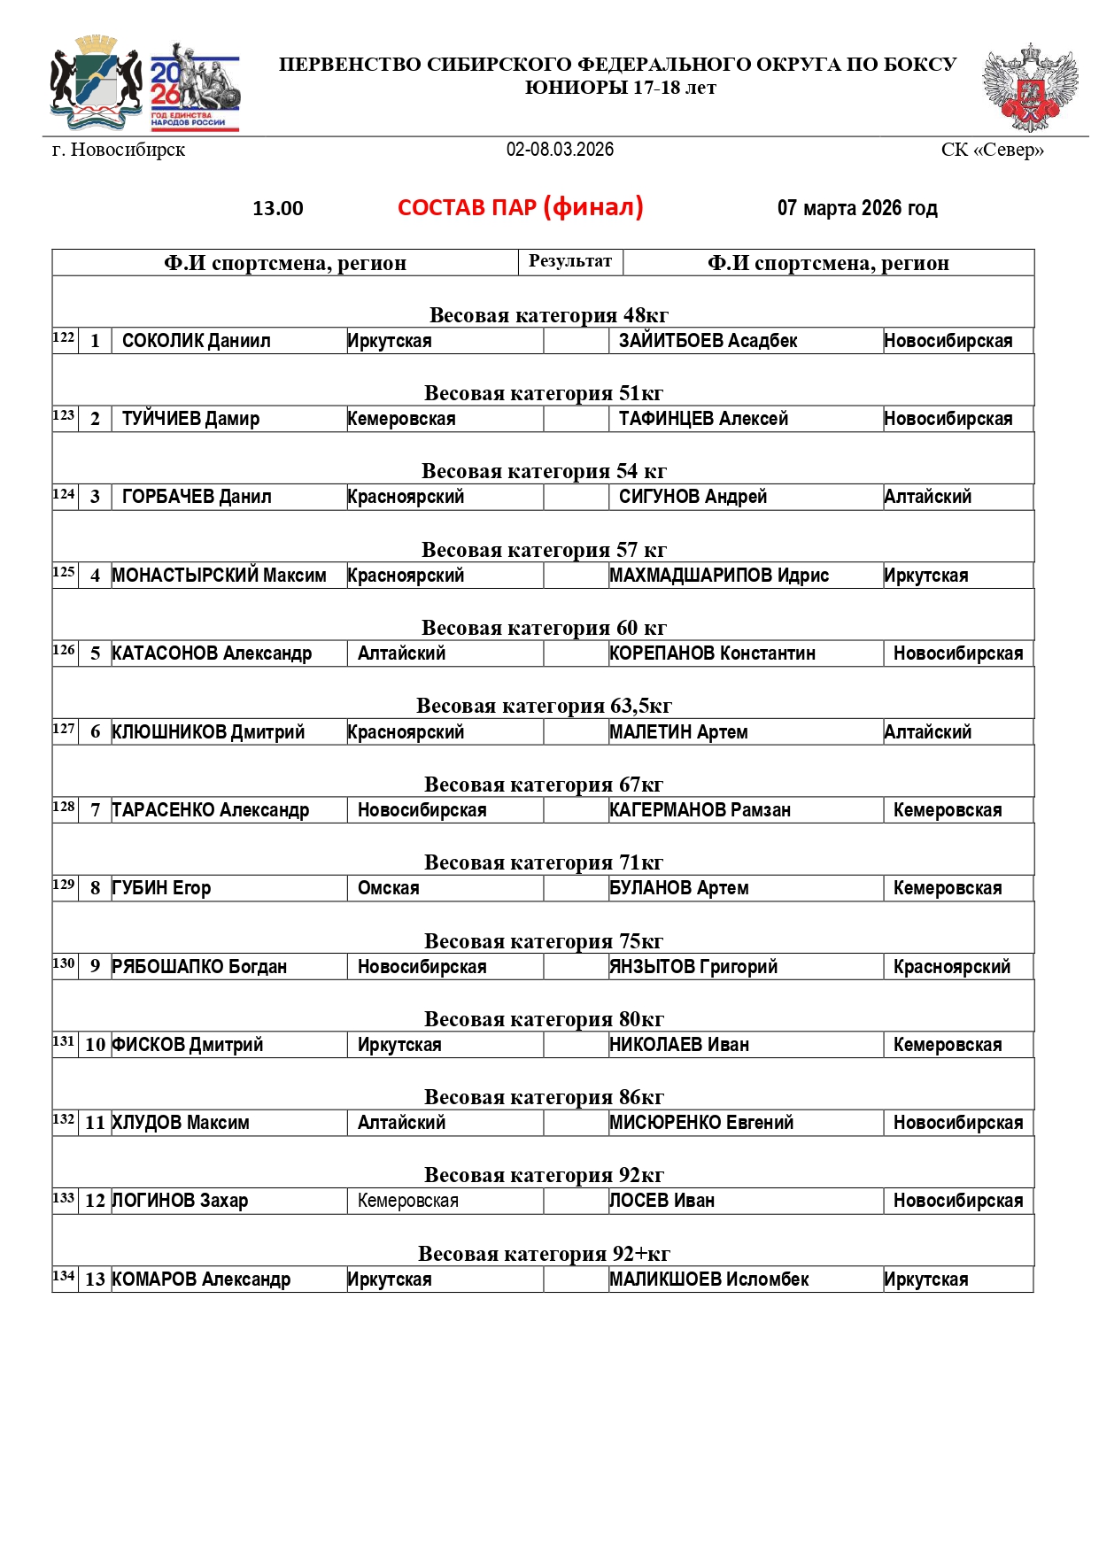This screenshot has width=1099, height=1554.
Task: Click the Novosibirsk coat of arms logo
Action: [97, 82]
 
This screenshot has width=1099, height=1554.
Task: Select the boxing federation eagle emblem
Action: [1030, 88]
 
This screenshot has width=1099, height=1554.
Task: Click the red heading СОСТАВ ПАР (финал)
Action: [520, 207]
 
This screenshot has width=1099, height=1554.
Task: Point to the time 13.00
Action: [278, 209]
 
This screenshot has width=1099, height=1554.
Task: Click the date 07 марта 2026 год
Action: [856, 208]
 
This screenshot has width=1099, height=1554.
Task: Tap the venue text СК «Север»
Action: [992, 150]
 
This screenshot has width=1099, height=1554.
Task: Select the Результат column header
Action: [570, 261]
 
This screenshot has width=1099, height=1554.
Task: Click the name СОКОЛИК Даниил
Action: [196, 341]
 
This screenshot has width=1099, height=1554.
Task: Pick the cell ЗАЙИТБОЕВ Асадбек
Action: [708, 341]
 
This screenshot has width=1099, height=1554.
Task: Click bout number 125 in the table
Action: [64, 572]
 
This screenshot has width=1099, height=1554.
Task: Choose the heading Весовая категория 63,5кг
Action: [544, 706]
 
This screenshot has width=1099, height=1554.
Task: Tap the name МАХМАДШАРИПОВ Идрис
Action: [719, 576]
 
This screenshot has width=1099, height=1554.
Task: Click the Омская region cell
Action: [388, 888]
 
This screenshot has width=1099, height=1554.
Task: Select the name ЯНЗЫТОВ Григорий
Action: [693, 967]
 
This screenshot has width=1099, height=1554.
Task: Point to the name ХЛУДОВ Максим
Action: [181, 1123]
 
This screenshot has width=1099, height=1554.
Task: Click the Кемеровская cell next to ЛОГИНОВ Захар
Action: [407, 1201]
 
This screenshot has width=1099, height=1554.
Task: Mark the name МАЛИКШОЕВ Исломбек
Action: [709, 1280]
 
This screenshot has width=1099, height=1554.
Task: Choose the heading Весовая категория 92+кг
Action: [544, 1254]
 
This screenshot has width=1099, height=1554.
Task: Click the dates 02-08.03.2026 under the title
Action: [560, 150]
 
